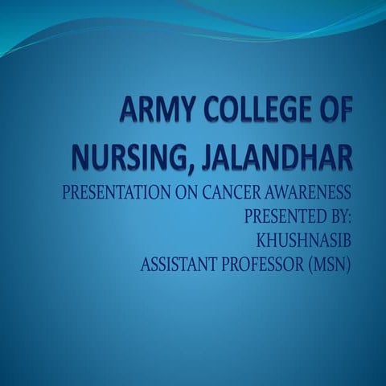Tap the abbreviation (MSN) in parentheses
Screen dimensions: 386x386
331,263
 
